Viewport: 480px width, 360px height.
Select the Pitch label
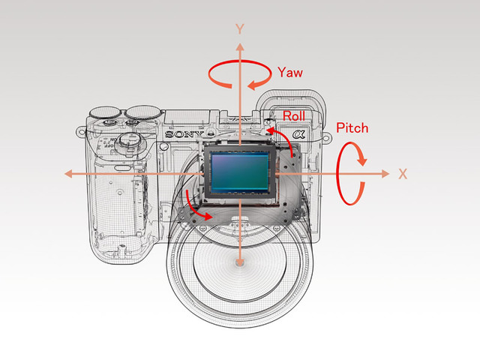(352, 128)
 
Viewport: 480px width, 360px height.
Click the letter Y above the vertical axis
(239, 28)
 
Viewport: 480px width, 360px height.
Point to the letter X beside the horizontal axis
(403, 173)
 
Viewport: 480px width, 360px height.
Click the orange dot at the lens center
(239, 262)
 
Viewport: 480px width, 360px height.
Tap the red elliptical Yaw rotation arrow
(240, 76)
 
